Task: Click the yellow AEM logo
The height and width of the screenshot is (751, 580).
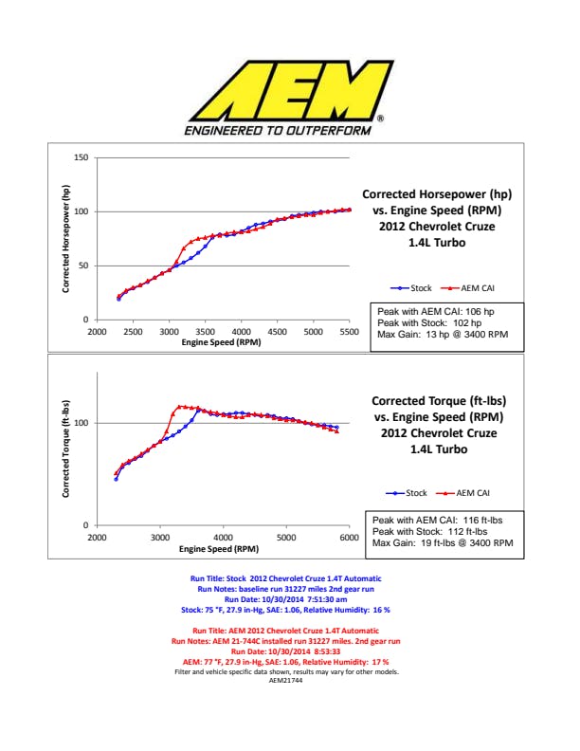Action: [x=290, y=87]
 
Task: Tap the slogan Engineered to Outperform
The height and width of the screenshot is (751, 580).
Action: [x=278, y=130]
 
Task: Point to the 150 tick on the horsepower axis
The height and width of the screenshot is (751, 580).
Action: [x=82, y=157]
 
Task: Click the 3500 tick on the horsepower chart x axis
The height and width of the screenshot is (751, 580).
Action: [x=205, y=332]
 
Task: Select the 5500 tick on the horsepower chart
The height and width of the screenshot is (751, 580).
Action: [x=349, y=332]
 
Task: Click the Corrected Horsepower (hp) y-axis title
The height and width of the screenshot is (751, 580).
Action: [x=67, y=238]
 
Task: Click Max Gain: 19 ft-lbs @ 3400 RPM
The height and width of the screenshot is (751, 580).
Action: [x=443, y=543]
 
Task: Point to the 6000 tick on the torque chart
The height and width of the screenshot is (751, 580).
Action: [x=348, y=538]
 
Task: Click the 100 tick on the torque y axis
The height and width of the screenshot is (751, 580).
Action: [x=81, y=423]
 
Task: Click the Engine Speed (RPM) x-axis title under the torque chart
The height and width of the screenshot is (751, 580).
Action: [x=219, y=549]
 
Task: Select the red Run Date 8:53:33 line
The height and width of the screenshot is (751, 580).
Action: [x=290, y=652]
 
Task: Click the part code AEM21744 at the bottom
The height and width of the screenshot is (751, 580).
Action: [x=290, y=679]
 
